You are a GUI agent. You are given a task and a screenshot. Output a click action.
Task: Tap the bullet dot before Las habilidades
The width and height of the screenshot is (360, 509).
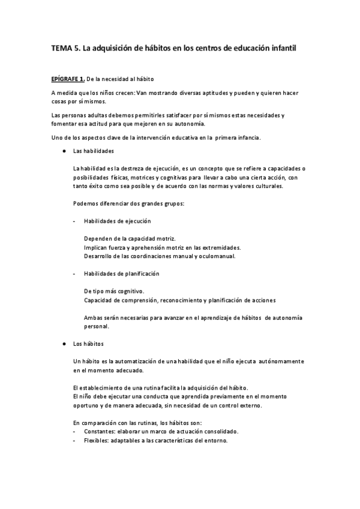(63, 152)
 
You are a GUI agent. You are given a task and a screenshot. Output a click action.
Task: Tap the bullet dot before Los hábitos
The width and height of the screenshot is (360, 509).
(63, 344)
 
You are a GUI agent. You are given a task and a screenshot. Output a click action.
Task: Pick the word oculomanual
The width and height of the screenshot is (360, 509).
(217, 256)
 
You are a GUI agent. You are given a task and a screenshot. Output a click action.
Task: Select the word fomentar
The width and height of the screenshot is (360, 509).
(64, 124)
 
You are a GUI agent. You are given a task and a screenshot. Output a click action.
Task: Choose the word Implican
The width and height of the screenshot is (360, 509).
(97, 247)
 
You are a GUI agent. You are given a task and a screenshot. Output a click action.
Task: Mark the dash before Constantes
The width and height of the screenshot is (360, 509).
(74, 432)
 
